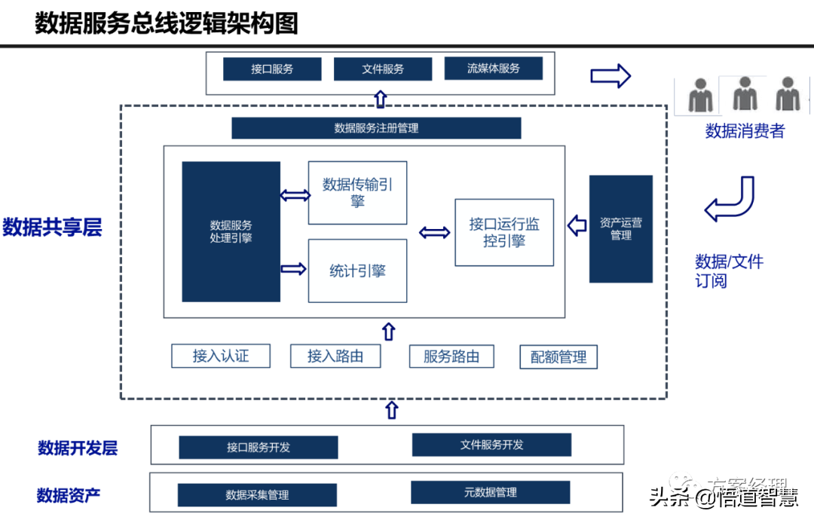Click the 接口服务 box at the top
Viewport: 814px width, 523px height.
click(272, 69)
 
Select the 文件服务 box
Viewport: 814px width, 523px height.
click(383, 69)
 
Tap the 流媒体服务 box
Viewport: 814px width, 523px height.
click(494, 69)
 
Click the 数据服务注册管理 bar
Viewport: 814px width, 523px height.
click(376, 128)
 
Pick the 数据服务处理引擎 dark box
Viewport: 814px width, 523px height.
click(231, 231)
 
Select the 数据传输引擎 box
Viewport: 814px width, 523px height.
click(357, 192)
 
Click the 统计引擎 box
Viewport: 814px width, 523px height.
click(357, 271)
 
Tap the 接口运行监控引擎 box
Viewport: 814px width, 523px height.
click(504, 232)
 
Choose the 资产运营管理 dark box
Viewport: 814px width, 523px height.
click(620, 229)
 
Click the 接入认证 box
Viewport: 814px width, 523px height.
click(221, 356)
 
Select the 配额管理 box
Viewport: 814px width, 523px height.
click(558, 357)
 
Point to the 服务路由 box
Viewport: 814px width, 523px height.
click(451, 356)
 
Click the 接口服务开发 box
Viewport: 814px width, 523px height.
click(258, 447)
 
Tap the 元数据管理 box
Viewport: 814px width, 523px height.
click(491, 492)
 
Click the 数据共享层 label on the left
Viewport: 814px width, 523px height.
click(52, 227)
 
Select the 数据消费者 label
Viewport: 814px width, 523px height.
click(745, 131)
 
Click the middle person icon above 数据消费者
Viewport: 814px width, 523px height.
click(743, 94)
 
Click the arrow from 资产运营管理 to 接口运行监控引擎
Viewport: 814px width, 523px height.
click(577, 225)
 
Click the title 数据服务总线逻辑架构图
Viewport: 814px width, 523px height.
click(167, 23)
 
